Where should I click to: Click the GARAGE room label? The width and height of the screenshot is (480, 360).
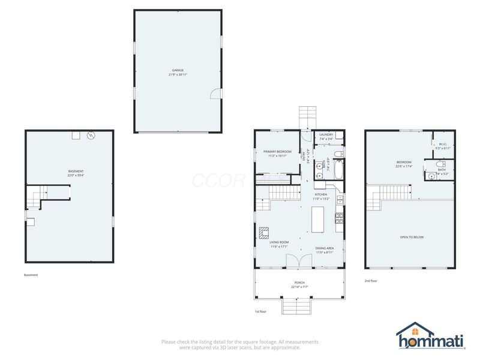(178, 70)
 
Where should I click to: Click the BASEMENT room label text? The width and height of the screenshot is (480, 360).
(76, 172)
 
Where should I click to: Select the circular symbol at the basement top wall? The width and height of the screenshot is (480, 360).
(91, 135)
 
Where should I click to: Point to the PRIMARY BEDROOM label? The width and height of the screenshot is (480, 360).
(277, 152)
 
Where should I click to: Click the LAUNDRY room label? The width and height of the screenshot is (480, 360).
(326, 135)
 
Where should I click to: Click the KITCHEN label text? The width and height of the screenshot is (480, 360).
(322, 195)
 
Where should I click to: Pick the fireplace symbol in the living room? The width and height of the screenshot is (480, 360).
(263, 232)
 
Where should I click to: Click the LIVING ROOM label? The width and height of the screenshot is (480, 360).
(280, 242)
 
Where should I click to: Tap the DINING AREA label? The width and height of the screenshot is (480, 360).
(325, 248)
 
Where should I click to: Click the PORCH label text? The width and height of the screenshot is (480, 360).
(299, 283)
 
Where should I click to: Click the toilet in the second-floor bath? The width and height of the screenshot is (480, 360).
(441, 163)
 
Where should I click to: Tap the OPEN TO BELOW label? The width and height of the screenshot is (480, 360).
(412, 237)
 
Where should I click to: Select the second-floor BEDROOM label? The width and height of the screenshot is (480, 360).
(404, 162)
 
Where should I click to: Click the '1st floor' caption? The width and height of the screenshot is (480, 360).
(261, 312)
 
